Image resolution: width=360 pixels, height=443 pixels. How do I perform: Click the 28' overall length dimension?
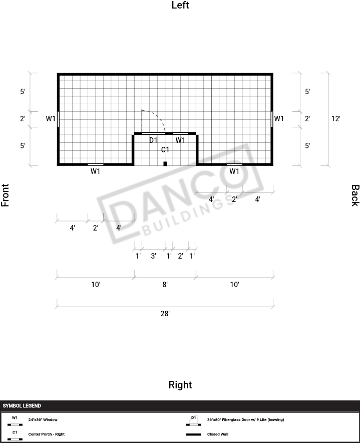pyautogui.click(x=165, y=314)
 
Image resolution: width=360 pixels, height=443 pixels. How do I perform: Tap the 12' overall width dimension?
pyautogui.click(x=336, y=119)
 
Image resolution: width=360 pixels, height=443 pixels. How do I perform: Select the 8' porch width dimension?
pyautogui.click(x=165, y=285)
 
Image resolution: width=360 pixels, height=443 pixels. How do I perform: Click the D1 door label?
pyautogui.click(x=153, y=140)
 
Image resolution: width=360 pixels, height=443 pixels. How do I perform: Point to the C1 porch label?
pyautogui.click(x=165, y=150)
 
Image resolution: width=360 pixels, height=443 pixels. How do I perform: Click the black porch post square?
pyautogui.click(x=165, y=163)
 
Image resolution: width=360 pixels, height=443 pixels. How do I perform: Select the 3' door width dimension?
pyautogui.click(x=153, y=256)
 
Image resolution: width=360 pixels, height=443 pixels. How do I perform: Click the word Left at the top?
pyautogui.click(x=180, y=5)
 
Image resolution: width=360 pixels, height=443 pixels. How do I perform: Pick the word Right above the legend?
pyautogui.click(x=180, y=385)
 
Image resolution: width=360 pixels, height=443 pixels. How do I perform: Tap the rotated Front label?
pyautogui.click(x=5, y=195)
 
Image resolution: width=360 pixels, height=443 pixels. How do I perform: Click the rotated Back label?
pyautogui.click(x=355, y=195)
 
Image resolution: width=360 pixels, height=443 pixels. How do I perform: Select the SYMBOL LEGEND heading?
pyautogui.click(x=22, y=406)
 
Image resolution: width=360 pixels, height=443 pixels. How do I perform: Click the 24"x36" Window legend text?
pyautogui.click(x=43, y=419)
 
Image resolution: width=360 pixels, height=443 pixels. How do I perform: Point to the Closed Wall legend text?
pyautogui.click(x=218, y=434)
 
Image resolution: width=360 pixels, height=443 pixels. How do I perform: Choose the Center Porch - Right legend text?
pyautogui.click(x=46, y=434)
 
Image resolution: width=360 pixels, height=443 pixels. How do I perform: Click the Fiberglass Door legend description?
pyautogui.click(x=246, y=419)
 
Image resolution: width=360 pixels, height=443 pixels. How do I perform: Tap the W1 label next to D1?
pyautogui.click(x=180, y=140)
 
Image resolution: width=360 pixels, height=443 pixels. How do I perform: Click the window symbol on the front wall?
pyautogui.click(x=58, y=119)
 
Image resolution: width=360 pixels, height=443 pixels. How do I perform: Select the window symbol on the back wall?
pyautogui.click(x=272, y=119)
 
